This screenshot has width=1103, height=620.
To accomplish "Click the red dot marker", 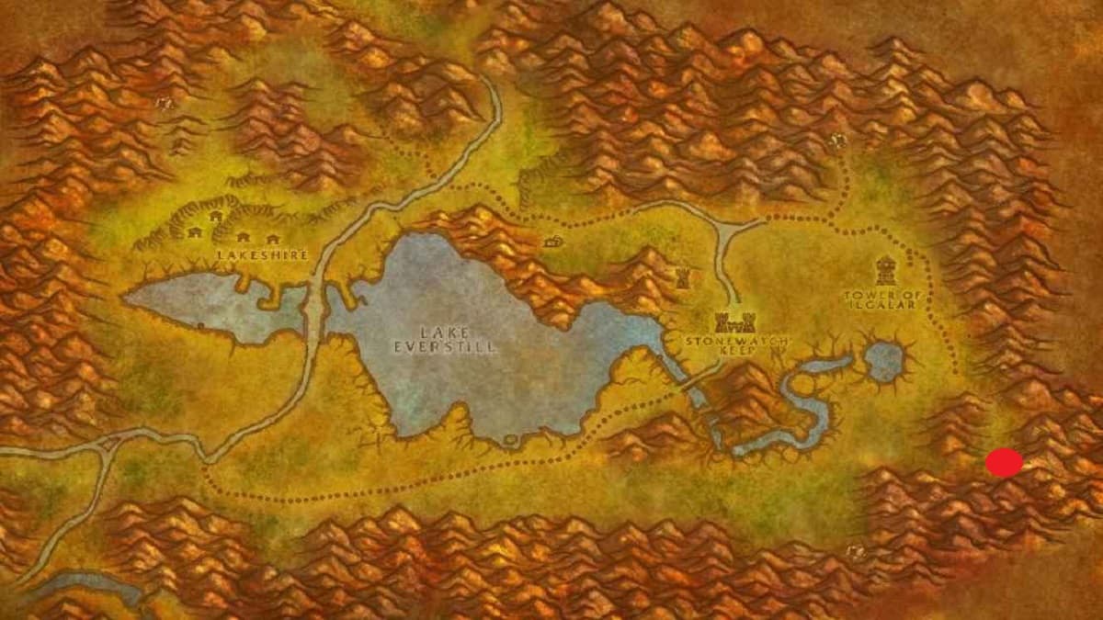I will (1004, 463).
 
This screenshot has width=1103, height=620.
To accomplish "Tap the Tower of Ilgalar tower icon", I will (885, 268).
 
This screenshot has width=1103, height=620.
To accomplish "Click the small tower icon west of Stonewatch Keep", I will (682, 277).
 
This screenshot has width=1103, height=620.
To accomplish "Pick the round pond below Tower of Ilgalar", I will (884, 361).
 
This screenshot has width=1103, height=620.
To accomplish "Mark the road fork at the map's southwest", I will (111, 445).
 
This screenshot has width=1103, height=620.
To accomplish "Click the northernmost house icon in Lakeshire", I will (217, 217).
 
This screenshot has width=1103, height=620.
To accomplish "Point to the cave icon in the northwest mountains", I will (165, 104).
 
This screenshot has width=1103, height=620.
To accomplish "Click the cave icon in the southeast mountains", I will (855, 551).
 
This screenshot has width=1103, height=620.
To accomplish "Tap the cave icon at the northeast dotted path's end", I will (837, 141).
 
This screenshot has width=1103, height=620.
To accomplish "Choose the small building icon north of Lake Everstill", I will (552, 242).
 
